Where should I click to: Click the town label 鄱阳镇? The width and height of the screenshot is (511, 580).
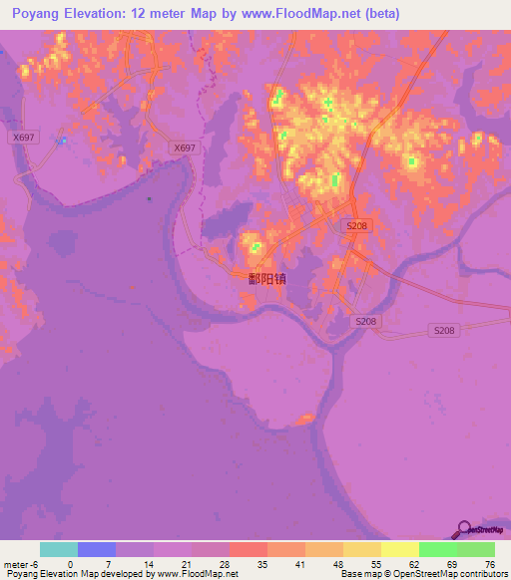pos(266,279)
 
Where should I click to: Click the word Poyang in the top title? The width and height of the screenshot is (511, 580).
pos(37,14)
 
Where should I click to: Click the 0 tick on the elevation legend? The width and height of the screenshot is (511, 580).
pos(70,564)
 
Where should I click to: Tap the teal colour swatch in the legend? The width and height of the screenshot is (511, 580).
pos(59,549)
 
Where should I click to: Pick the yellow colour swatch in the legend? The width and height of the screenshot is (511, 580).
pos(400,549)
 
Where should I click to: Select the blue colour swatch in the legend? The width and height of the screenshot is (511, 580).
pos(97,549)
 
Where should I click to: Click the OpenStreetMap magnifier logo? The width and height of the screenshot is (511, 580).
pos(464,529)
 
